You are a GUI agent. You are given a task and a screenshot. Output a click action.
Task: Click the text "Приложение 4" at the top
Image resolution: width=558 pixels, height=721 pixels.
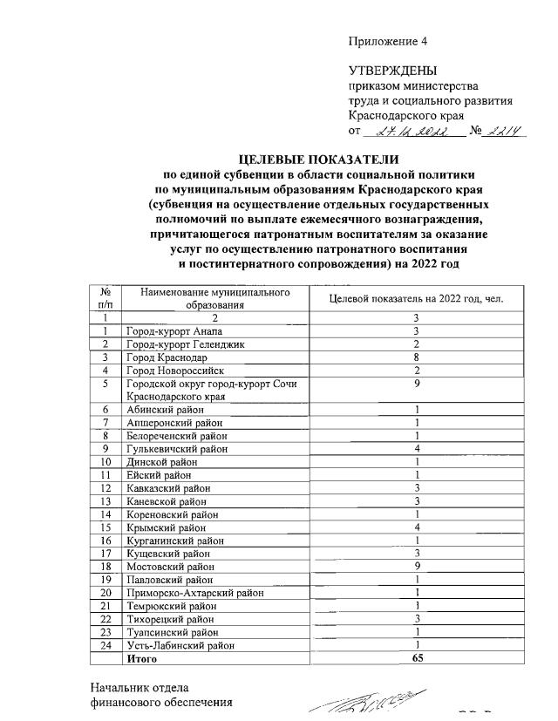click(388, 41)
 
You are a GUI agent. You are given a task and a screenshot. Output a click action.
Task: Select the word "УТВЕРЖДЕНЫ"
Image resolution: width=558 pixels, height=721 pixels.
click(392, 71)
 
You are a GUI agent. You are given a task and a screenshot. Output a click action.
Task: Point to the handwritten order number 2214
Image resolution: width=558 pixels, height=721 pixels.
click(505, 132)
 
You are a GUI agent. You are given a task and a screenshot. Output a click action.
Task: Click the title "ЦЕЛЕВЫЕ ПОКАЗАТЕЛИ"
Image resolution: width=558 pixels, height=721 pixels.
click(319, 160)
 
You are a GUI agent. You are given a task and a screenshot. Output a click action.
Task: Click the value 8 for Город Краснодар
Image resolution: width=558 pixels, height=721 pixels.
click(417, 357)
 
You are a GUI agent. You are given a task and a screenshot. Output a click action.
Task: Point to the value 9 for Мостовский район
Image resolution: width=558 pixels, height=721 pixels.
click(417, 566)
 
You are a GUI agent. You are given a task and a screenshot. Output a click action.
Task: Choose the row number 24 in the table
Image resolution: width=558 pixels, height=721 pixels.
click(105, 645)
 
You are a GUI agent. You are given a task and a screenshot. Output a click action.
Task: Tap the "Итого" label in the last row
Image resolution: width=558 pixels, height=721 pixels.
click(140, 659)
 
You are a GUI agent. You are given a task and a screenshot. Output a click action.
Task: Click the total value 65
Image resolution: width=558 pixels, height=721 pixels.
click(417, 659)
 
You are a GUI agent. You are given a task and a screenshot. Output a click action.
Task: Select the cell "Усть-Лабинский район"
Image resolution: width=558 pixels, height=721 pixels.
click(180, 645)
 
